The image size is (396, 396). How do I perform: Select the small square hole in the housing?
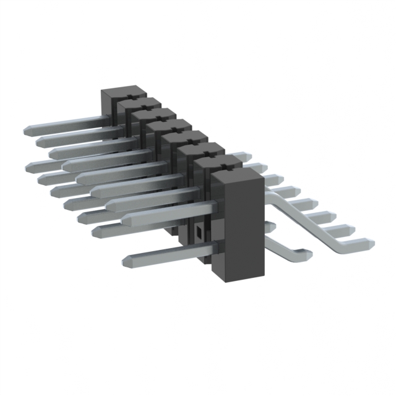tap(199, 233)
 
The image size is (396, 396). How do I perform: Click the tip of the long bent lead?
tap(368, 243)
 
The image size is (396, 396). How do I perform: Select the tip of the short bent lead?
tap(303, 252)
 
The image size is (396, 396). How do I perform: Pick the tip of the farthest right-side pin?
tap(247, 155)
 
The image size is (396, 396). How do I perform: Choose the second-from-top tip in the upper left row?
tap(40, 142)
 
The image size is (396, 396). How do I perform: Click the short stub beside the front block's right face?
tap(270, 226)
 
